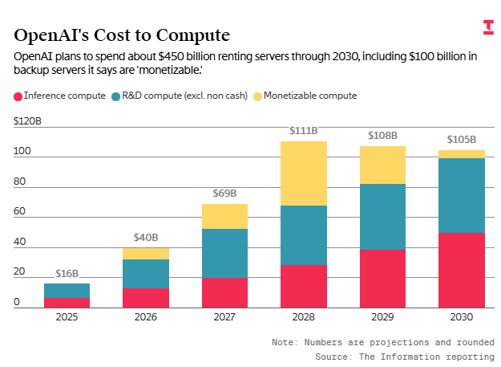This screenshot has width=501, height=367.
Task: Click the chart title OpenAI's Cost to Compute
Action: click(122, 35)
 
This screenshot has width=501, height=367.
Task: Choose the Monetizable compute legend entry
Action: click(304, 96)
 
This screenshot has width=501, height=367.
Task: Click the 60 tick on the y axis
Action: click(20, 212)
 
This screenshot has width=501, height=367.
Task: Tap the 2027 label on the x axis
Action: click(224, 318)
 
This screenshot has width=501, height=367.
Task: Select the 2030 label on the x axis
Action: click(462, 318)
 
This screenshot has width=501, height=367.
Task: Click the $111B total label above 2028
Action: click(304, 131)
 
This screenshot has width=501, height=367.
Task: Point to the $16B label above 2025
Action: click(67, 274)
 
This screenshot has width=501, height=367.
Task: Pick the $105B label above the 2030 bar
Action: click(462, 140)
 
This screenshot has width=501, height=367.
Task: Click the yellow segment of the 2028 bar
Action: click(304, 173)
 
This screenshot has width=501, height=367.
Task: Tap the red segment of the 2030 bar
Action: click(462, 270)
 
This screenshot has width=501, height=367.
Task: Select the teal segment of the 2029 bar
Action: click(382, 217)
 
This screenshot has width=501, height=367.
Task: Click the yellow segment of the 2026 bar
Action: click(146, 254)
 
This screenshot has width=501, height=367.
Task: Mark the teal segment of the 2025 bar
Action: click(67, 291)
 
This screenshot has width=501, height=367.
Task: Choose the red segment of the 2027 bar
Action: click(224, 292)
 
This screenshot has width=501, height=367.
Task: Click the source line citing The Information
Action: click(404, 355)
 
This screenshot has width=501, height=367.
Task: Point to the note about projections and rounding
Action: click(382, 342)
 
